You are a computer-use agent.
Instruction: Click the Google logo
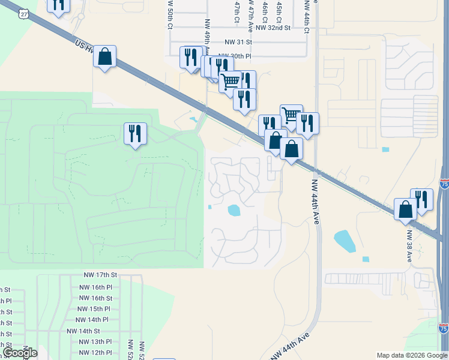click(20, 353)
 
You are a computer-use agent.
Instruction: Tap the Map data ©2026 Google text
click(412, 355)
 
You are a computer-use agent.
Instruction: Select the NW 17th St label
click(100, 275)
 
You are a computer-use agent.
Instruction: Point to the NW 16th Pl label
click(96, 287)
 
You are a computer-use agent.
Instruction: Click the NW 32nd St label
click(273, 28)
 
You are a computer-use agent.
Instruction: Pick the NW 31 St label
click(239, 42)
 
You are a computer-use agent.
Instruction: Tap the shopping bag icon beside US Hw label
click(104, 56)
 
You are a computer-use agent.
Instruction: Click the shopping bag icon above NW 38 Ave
click(405, 209)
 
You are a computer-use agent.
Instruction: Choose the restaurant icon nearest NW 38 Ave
click(421, 199)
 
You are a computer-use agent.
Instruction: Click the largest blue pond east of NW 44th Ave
click(344, 241)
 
